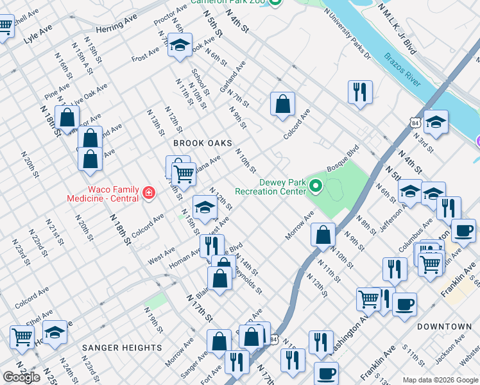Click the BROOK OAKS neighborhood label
coord(201,144)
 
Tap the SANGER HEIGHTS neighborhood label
coord(122,347)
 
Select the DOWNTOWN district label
coord(444,327)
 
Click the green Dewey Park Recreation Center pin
coord(315,186)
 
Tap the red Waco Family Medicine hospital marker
coord(149,193)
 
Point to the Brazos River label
coord(403,70)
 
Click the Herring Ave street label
coord(117,30)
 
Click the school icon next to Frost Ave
coord(180,46)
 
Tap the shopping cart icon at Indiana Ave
coord(184,174)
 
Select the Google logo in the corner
coord(21,377)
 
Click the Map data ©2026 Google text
coord(440,380)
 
